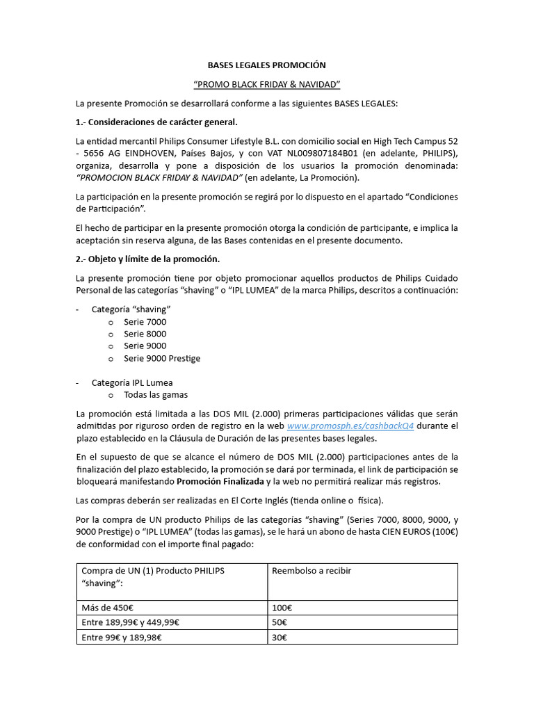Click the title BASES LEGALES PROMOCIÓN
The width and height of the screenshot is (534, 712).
pyautogui.click(x=266, y=65)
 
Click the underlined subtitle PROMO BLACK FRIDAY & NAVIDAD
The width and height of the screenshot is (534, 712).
pyautogui.click(x=266, y=85)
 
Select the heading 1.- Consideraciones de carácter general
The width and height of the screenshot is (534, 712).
pyautogui.click(x=156, y=122)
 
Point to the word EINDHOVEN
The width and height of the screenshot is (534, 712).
pyautogui.click(x=152, y=153)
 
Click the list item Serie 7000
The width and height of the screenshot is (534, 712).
pyautogui.click(x=145, y=322)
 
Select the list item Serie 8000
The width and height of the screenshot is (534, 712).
pyautogui.click(x=145, y=334)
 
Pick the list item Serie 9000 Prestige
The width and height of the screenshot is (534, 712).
pyautogui.click(x=162, y=358)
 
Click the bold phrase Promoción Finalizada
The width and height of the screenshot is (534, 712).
pyautogui.click(x=220, y=482)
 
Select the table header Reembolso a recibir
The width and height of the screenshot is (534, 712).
pyautogui.click(x=311, y=571)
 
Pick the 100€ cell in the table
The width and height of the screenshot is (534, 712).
pyautogui.click(x=280, y=607)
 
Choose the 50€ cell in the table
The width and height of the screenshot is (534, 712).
pyautogui.click(x=279, y=622)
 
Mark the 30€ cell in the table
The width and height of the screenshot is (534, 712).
pyautogui.click(x=279, y=638)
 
